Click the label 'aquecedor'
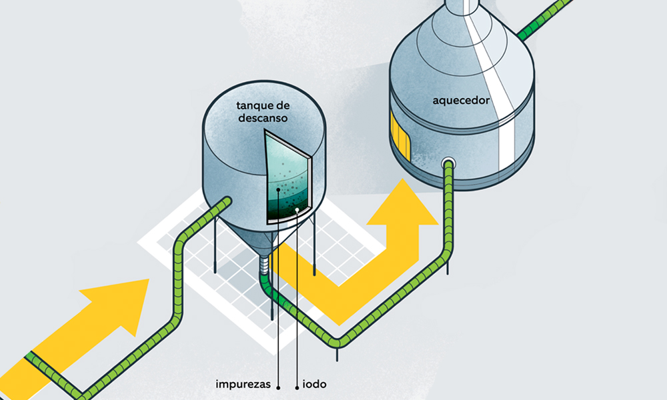(461, 101)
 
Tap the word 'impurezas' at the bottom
(242, 385)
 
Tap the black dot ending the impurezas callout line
(277, 190)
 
